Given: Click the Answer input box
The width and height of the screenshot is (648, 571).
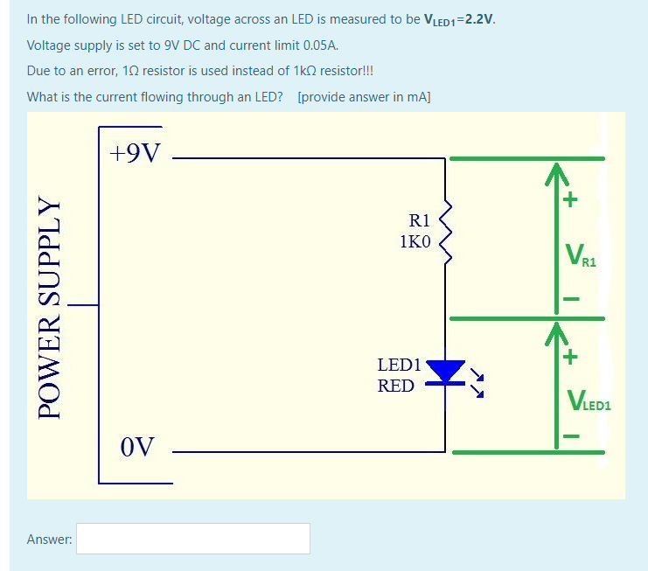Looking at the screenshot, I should coord(193,539).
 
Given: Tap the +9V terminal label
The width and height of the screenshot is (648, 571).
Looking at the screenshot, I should coord(136,153).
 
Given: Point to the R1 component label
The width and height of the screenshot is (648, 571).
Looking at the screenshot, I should coord(419,220).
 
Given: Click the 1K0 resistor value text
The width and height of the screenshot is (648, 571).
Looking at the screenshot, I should coord(415,241).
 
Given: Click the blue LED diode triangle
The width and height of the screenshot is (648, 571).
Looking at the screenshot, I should coord(446,370).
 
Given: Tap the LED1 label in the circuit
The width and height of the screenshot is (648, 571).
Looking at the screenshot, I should coord(400,365).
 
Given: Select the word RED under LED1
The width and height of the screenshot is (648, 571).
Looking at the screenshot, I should coord(395,386).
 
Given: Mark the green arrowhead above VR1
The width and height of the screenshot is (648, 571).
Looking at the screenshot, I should coord(554,172).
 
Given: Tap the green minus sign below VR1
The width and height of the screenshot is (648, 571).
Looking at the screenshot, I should coord(570,299).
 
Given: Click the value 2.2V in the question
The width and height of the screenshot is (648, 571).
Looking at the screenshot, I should coord(478,19).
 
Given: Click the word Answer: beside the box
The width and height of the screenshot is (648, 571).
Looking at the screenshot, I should coord(49,540).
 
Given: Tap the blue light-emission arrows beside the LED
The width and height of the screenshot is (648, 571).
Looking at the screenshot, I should coord(477,383).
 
